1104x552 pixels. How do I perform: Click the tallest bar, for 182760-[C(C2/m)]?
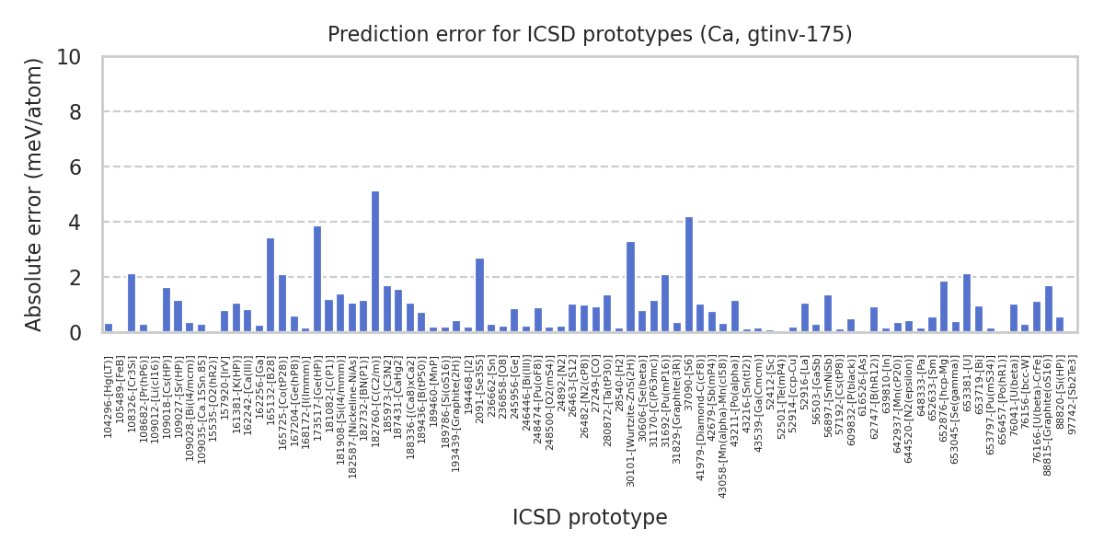375,262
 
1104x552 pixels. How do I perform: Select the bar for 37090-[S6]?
689,275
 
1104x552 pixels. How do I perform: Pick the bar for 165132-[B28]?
270,285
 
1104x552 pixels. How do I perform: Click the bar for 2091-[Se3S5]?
479,295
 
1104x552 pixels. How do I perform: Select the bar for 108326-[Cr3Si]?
132,304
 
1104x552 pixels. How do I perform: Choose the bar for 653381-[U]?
967,304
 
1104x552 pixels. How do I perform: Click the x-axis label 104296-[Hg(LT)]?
109,397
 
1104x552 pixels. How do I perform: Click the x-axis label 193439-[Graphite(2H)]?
456,410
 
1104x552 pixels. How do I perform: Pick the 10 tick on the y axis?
81,57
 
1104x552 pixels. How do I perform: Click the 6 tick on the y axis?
86,167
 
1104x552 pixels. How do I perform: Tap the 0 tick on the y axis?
86,332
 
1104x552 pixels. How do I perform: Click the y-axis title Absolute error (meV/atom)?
35,194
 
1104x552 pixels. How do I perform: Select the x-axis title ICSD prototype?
590,518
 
